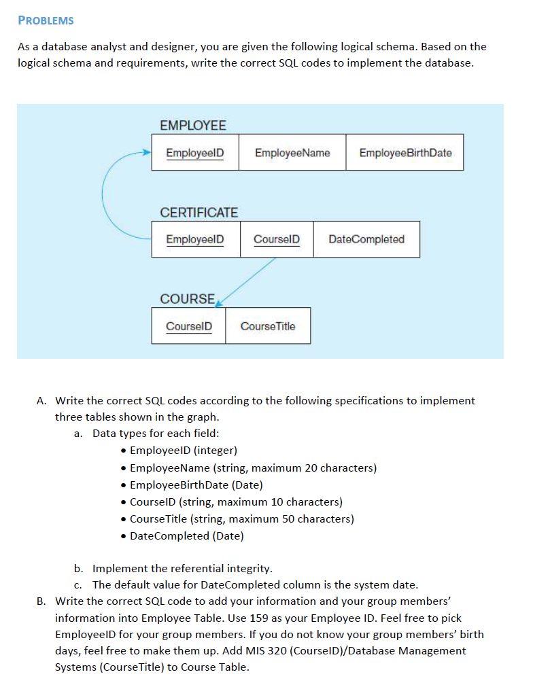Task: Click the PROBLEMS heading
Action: [46, 20]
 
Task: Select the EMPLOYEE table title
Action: [192, 126]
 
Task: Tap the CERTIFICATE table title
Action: [199, 213]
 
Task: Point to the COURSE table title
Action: [188, 299]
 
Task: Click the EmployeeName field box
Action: [292, 152]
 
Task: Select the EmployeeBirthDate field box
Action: [405, 152]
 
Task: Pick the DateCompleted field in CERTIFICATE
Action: [366, 239]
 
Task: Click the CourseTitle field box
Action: [268, 326]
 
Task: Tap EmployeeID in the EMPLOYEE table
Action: [195, 152]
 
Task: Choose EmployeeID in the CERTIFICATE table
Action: [195, 239]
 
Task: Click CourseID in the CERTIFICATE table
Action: [277, 239]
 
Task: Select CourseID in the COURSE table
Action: [189, 326]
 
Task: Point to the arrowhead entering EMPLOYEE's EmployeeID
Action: [148, 152]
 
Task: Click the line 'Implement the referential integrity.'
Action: [182, 569]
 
